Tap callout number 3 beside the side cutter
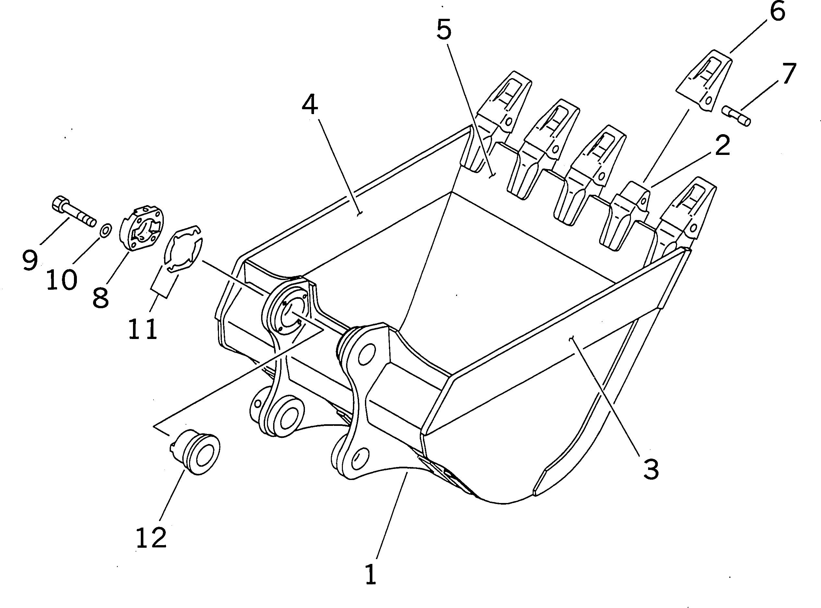[x=650, y=469]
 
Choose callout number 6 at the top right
[x=777, y=13]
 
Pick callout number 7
[x=789, y=74]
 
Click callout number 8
[x=101, y=298]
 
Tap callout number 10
[x=62, y=280]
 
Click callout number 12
[x=151, y=538]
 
